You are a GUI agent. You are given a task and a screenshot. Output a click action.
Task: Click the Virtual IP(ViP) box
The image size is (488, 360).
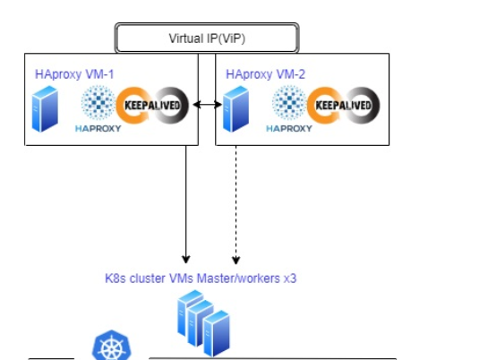click(x=207, y=38)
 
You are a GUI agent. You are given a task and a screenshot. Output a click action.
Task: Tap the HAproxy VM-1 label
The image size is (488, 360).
click(x=74, y=74)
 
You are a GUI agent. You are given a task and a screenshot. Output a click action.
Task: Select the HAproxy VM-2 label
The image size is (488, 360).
click(x=265, y=74)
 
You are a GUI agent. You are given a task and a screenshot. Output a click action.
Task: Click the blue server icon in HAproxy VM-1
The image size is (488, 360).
click(x=45, y=109)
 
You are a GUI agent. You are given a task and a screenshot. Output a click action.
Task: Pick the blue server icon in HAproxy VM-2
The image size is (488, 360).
click(x=235, y=109)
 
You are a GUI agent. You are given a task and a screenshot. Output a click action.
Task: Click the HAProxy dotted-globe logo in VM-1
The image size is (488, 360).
click(x=98, y=102)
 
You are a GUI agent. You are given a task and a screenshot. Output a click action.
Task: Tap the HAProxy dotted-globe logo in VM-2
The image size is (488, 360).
click(x=289, y=102)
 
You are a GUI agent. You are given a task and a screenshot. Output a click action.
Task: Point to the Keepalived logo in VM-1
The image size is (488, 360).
click(x=152, y=105)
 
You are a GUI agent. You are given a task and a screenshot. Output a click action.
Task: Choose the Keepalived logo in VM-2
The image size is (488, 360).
click(x=344, y=105)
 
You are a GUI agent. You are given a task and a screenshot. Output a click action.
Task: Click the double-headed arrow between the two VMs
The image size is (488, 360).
click(x=207, y=105)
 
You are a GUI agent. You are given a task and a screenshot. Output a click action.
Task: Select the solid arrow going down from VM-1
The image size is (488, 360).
click(x=186, y=204)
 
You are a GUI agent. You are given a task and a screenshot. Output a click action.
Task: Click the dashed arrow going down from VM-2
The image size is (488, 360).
click(x=235, y=204)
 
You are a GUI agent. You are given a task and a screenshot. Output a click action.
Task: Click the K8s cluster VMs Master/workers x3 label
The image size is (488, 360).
click(x=201, y=279)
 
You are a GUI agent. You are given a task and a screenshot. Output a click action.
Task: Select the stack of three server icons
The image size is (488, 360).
click(x=203, y=323)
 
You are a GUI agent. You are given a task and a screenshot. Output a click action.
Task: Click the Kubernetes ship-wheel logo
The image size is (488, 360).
click(x=111, y=345)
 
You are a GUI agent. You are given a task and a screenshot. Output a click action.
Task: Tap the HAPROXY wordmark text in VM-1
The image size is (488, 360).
click(x=98, y=128)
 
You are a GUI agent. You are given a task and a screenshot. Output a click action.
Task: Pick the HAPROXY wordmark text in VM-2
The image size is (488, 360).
click(x=289, y=128)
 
